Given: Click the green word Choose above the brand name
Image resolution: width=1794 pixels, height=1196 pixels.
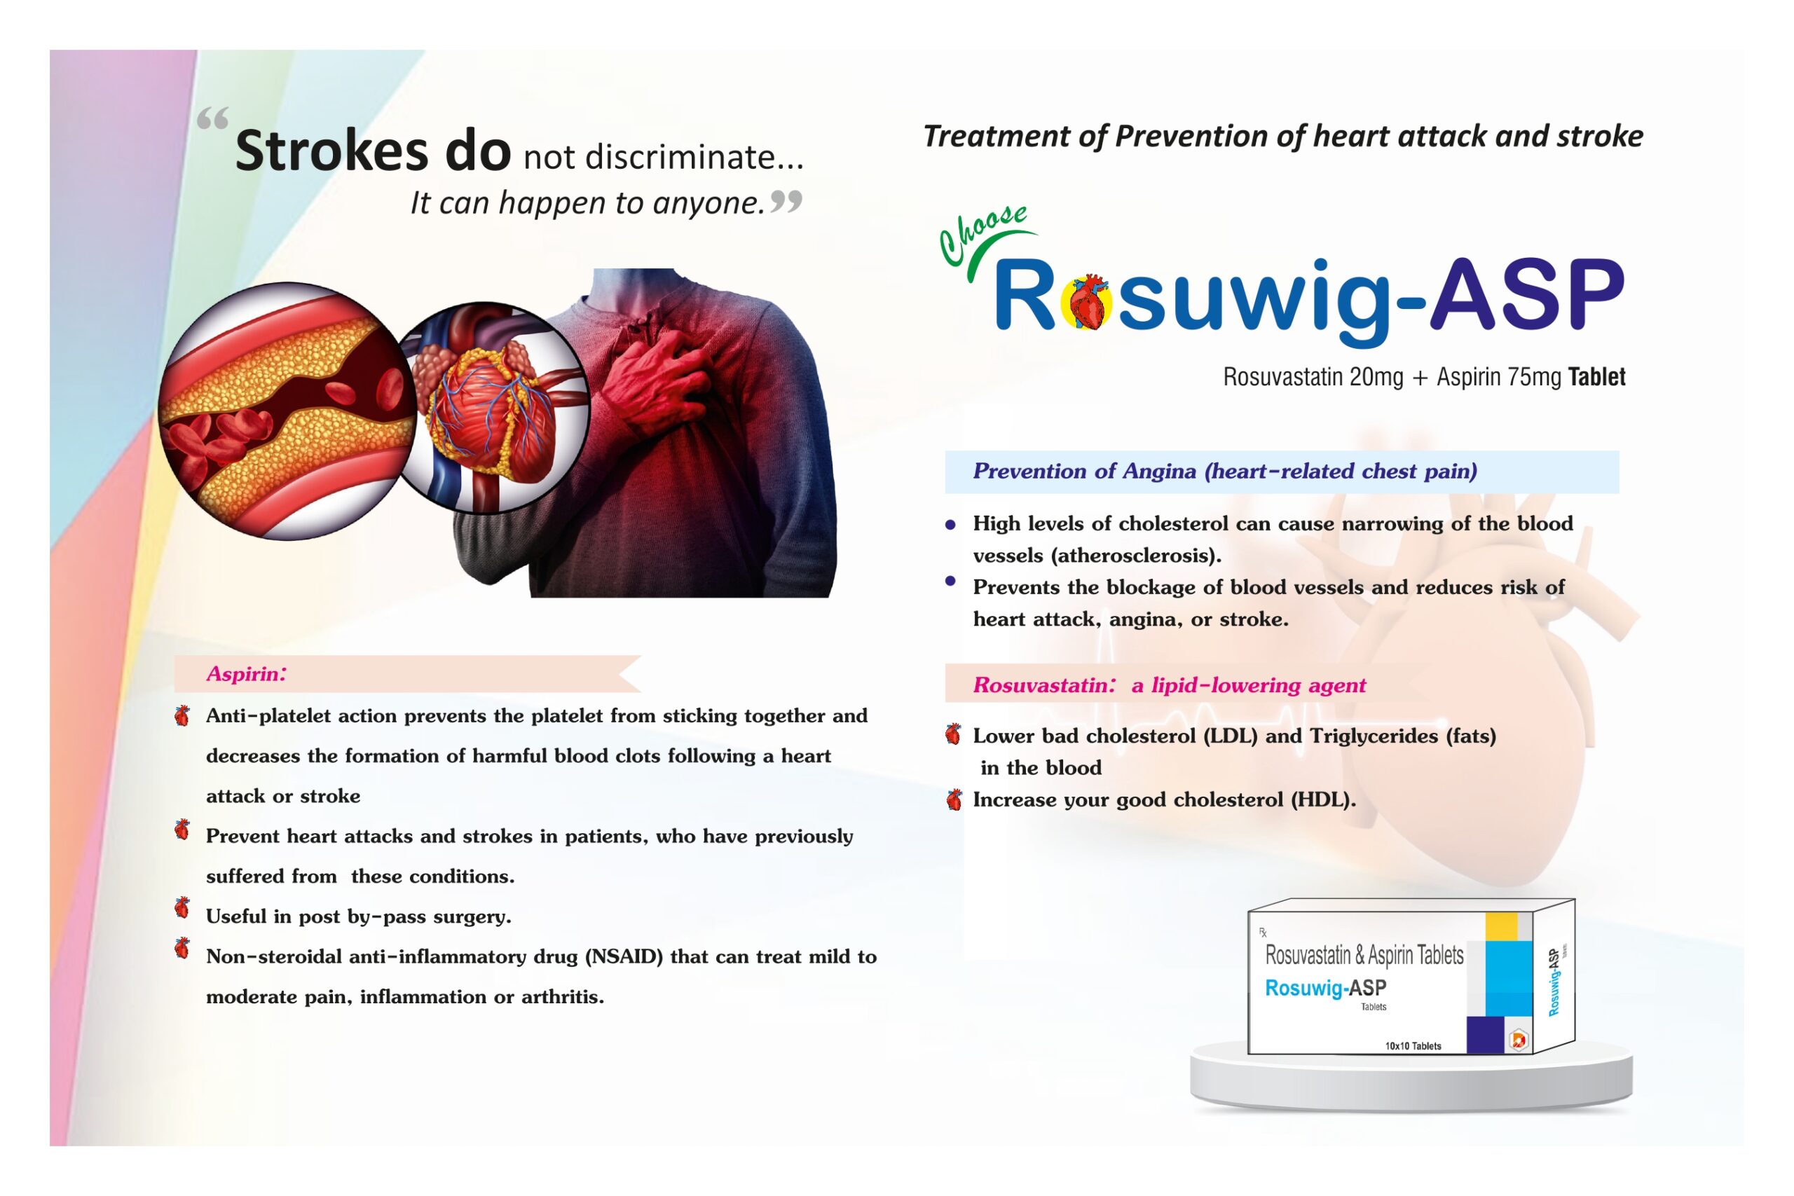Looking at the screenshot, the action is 982,234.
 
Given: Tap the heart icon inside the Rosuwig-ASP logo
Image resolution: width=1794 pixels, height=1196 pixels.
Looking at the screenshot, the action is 1088,301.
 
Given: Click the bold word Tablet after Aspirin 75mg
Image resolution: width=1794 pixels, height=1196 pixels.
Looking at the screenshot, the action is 1596,377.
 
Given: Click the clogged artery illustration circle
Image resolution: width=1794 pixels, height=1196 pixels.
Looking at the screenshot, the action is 287,411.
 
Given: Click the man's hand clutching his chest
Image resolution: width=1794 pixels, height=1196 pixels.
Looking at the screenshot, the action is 656,381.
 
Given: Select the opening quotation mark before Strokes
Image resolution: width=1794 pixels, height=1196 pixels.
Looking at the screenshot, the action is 213,119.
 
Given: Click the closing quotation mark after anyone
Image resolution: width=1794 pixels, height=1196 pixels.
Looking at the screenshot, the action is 786,201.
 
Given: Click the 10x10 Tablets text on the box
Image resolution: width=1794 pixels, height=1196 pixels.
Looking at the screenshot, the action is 1413,1046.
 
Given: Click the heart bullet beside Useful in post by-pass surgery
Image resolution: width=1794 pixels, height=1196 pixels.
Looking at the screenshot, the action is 182,907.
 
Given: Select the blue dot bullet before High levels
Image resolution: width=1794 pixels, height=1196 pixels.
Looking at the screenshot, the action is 950,525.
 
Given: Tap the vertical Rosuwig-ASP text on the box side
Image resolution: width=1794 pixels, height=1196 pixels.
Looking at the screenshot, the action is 1554,982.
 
